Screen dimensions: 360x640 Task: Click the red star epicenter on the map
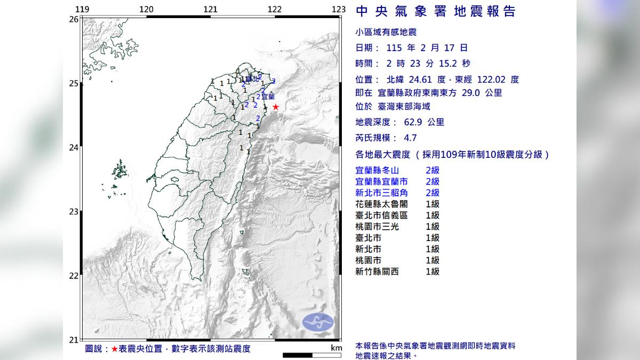pyautogui.click(x=275, y=107)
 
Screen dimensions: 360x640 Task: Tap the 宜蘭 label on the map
pyautogui.click(x=268, y=97)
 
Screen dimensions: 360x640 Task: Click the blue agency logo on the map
pyautogui.click(x=318, y=321)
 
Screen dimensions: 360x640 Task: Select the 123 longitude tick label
pyautogui.click(x=339, y=9)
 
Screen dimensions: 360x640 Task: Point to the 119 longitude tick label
pyautogui.click(x=82, y=9)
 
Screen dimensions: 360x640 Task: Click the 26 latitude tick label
pyautogui.click(x=74, y=19)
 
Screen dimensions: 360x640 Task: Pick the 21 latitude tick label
pyautogui.click(x=74, y=340)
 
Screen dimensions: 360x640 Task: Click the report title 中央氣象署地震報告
pyautogui.click(x=435, y=11)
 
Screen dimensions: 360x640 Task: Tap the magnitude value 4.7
pyautogui.click(x=410, y=138)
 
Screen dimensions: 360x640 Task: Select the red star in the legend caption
pyautogui.click(x=114, y=349)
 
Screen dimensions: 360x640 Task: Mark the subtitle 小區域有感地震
pyautogui.click(x=382, y=33)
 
